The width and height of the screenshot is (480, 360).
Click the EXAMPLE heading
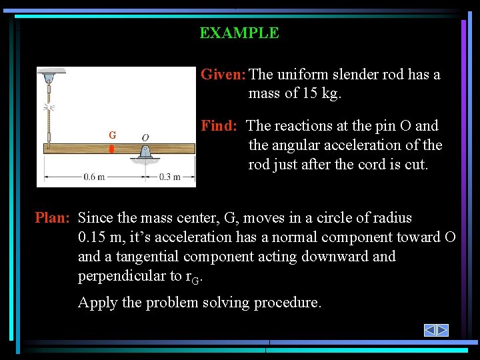(x=239, y=33)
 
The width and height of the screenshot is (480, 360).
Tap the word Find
(x=218, y=126)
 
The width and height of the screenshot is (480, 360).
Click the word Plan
(x=51, y=218)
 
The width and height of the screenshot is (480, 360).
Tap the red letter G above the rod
(x=113, y=135)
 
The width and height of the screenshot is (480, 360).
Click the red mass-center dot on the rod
(x=112, y=148)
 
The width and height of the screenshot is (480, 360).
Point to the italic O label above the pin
(x=145, y=137)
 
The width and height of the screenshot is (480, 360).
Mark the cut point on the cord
(x=49, y=107)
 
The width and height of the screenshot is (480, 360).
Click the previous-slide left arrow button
(x=430, y=330)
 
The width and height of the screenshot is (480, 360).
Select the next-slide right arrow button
(x=442, y=330)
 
